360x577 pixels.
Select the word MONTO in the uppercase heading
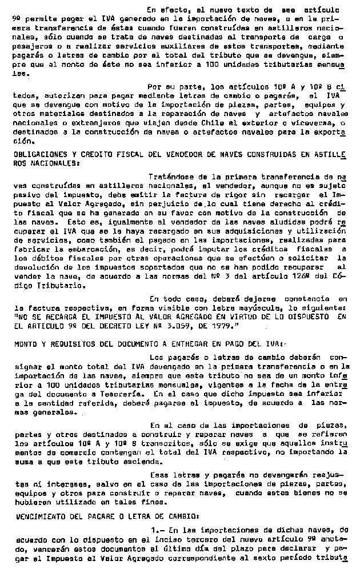(x=24, y=344)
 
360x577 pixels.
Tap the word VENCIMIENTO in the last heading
(x=37, y=515)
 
